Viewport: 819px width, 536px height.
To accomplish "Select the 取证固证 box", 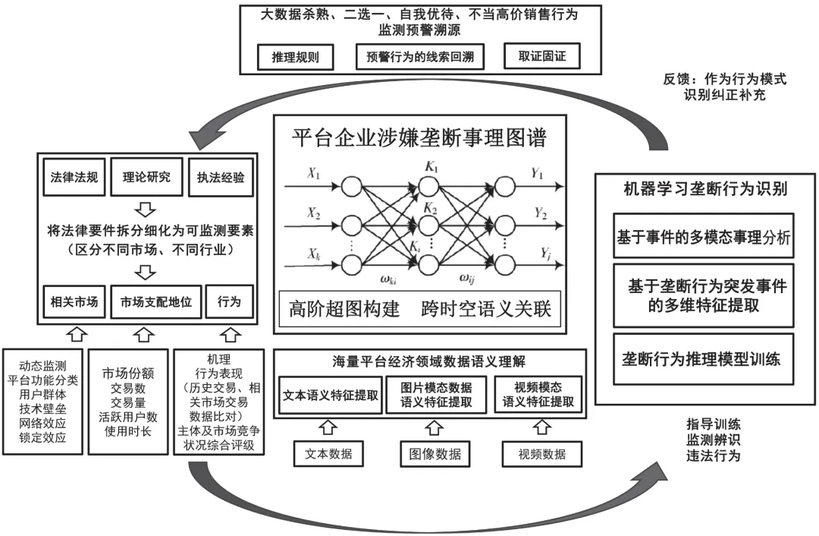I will [x=541, y=56].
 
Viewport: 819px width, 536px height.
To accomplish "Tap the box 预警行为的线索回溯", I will [x=419, y=56].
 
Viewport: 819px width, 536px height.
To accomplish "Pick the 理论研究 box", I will [x=146, y=178].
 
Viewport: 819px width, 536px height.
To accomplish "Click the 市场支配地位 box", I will [x=155, y=302].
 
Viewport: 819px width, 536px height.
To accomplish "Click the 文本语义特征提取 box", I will [x=331, y=395].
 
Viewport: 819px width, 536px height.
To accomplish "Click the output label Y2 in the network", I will [x=539, y=213].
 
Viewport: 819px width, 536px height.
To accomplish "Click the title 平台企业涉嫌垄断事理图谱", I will [x=419, y=138].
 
